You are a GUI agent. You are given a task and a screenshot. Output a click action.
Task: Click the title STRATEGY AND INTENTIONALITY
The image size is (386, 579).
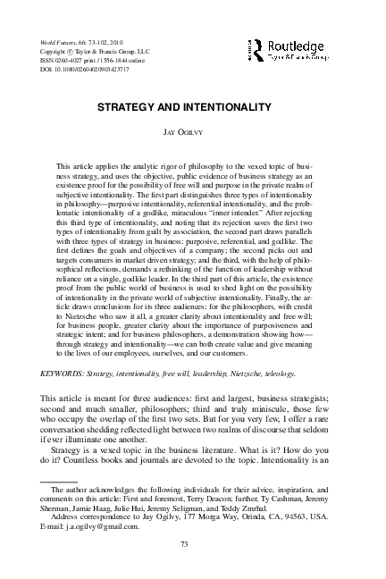(192, 106)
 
